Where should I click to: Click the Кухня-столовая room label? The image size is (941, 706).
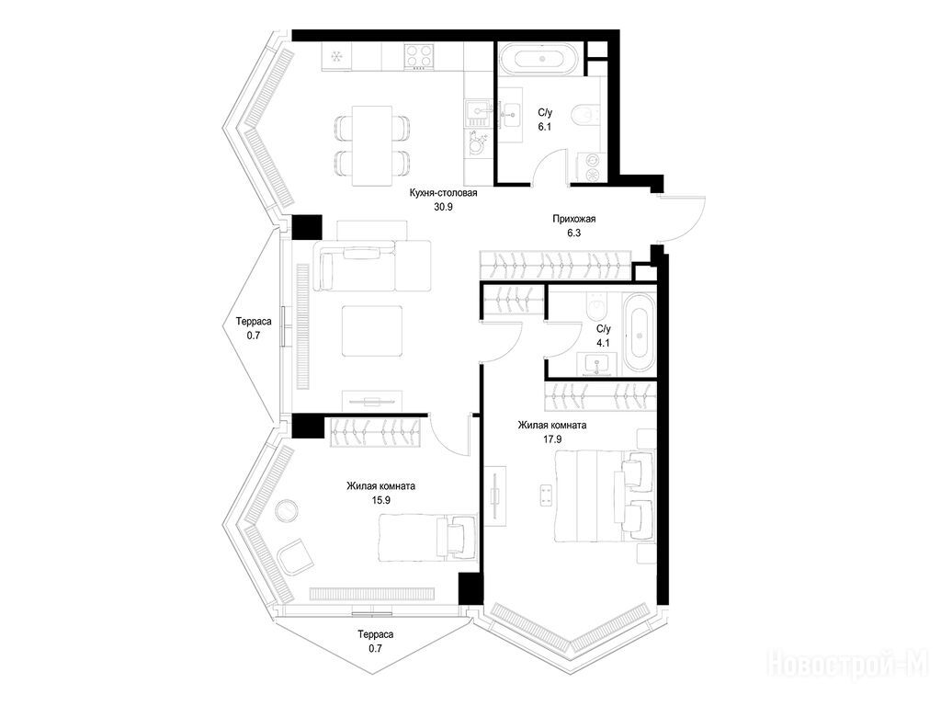(x=443, y=193)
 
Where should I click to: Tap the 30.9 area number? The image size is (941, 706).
(x=443, y=208)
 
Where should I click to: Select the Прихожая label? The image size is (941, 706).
(x=573, y=219)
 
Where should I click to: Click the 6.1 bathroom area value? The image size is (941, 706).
(x=544, y=127)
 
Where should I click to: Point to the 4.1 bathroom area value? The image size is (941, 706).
(x=603, y=344)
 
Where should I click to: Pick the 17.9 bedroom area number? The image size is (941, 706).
(x=552, y=439)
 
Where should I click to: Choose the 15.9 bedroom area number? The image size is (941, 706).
(x=381, y=500)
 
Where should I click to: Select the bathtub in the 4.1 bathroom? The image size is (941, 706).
(x=638, y=333)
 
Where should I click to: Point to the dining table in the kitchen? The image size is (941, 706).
(x=372, y=146)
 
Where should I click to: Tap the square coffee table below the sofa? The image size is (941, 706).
(x=372, y=331)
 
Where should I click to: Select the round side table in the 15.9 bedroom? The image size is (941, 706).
(x=287, y=510)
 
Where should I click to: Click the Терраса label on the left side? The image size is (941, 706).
(x=254, y=321)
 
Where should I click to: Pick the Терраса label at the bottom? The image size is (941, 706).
(x=376, y=634)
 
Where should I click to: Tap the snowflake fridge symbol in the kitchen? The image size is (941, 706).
(x=336, y=57)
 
